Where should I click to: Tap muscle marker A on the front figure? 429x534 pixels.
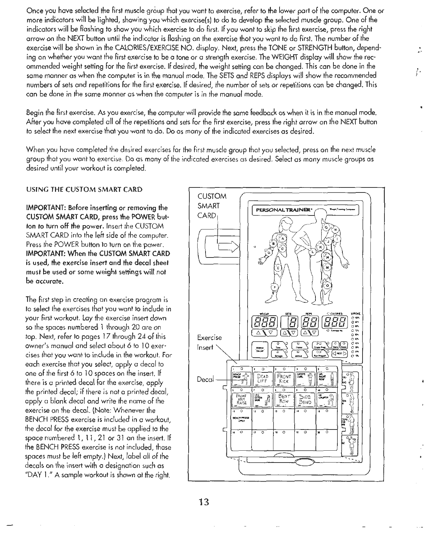pyautogui.click(x=282, y=239)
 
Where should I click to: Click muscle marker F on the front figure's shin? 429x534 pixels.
pyautogui.click(x=275, y=288)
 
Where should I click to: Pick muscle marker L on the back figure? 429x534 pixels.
pyautogui.click(x=313, y=252)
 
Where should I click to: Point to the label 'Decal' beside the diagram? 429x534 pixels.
pyautogui.click(x=205, y=379)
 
